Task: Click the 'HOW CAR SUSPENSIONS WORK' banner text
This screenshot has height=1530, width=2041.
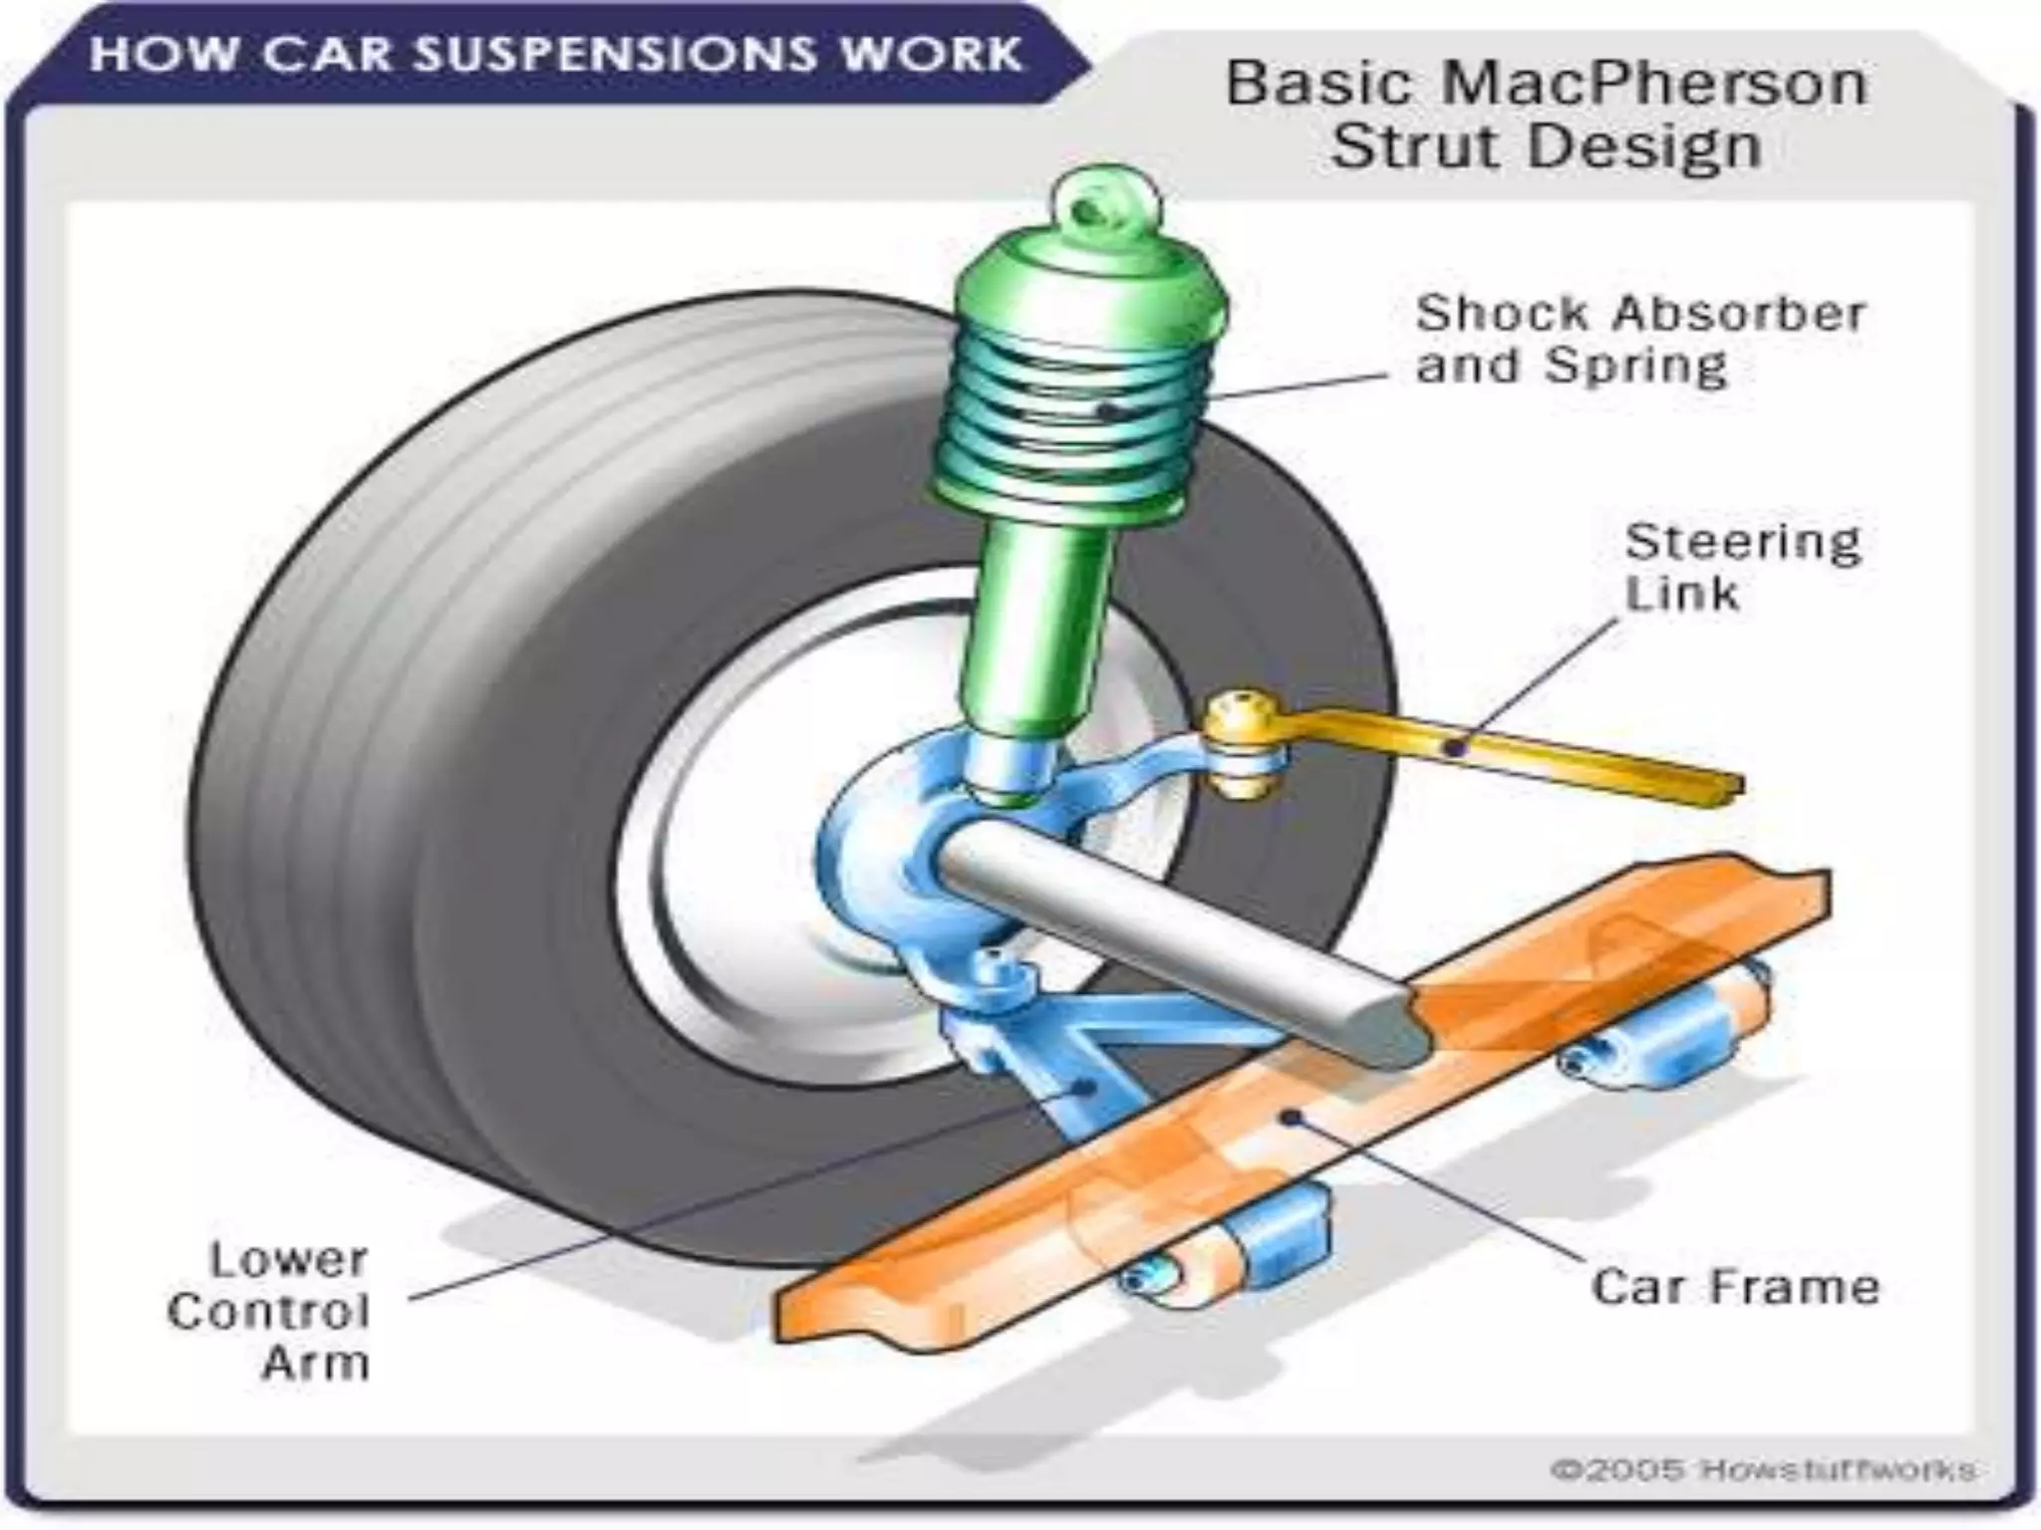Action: (x=555, y=54)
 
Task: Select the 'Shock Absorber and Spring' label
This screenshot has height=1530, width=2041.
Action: (x=1638, y=339)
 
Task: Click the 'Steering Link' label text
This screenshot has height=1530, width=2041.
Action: (x=1742, y=568)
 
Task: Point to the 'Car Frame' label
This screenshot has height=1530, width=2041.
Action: (x=1734, y=1286)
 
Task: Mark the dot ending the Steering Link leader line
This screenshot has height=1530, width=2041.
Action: (x=1456, y=747)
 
